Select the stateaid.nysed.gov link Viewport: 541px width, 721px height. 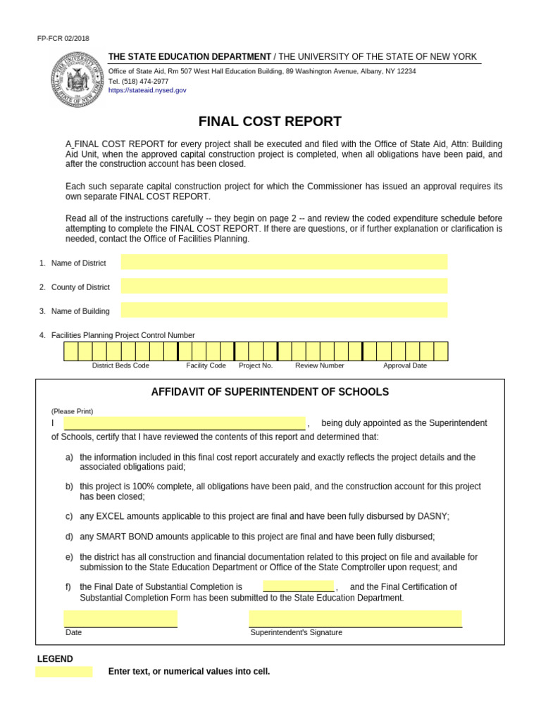[x=147, y=90]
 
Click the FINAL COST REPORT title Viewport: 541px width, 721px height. [x=270, y=121]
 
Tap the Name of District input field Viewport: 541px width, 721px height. [x=284, y=263]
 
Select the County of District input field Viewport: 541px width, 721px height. [x=284, y=287]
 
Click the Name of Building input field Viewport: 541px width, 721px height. [x=284, y=311]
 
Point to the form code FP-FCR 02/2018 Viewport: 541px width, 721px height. [x=63, y=39]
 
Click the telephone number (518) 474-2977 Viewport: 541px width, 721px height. [x=138, y=81]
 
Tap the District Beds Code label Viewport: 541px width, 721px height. [x=120, y=365]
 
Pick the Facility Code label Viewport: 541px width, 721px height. [x=206, y=365]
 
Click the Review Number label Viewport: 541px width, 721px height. [x=320, y=365]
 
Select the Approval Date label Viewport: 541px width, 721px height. [x=405, y=365]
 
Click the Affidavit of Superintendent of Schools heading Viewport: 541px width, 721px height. [x=270, y=392]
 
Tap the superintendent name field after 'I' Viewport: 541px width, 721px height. [x=185, y=423]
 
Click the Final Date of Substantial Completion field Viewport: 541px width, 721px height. [x=299, y=587]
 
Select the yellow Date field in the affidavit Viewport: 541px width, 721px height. [x=120, y=619]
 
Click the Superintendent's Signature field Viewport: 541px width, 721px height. [x=355, y=619]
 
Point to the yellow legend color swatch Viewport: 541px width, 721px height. [x=64, y=672]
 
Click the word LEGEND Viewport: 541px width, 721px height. [x=55, y=659]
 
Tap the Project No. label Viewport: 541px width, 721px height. [x=256, y=365]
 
